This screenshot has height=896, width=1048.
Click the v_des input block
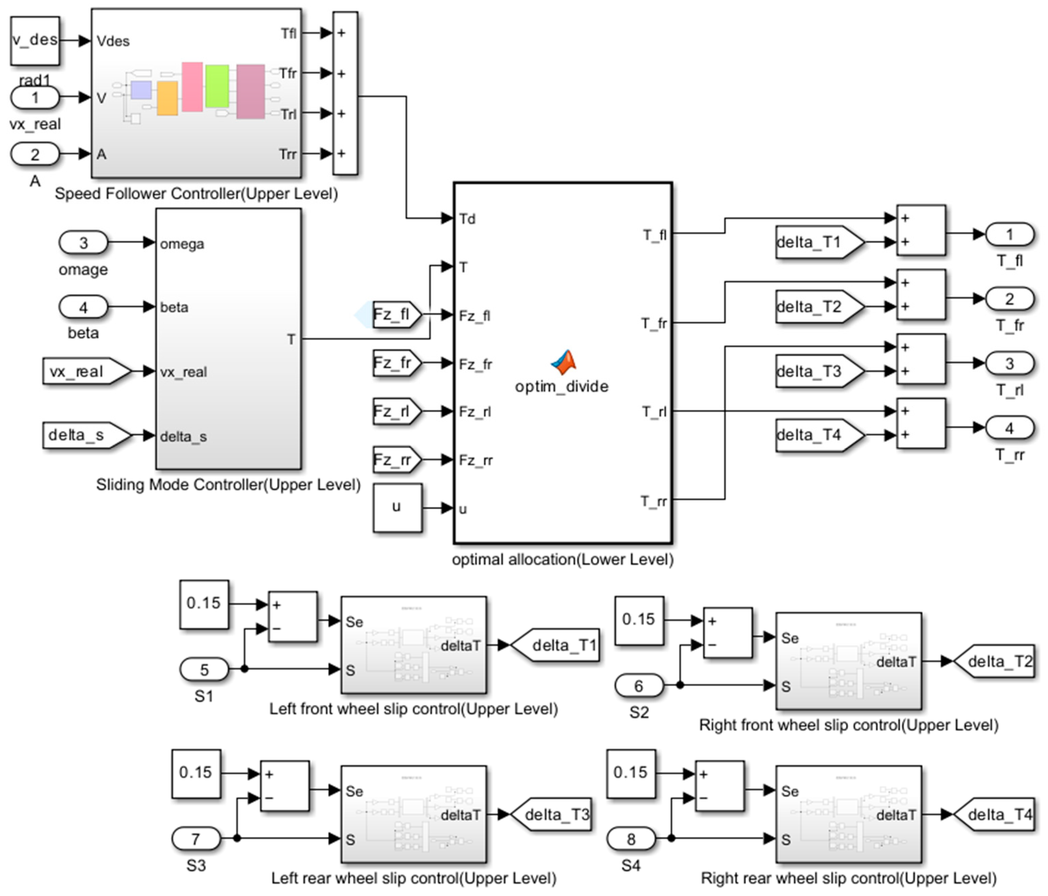[35, 40]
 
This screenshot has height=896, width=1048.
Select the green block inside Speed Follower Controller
[217, 86]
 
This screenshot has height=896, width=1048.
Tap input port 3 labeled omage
[84, 243]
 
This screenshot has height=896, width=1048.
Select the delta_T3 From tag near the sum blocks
[818, 371]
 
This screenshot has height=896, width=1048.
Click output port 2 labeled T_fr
[1009, 299]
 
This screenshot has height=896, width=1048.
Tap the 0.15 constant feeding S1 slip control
[204, 604]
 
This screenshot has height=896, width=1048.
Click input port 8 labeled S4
[631, 839]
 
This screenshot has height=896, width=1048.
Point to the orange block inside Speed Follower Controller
[167, 98]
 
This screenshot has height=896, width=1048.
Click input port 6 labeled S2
[639, 686]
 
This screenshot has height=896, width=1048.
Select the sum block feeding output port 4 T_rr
[921, 423]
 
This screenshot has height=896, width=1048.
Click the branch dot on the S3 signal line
[237, 838]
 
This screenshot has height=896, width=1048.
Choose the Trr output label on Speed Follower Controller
[287, 154]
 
